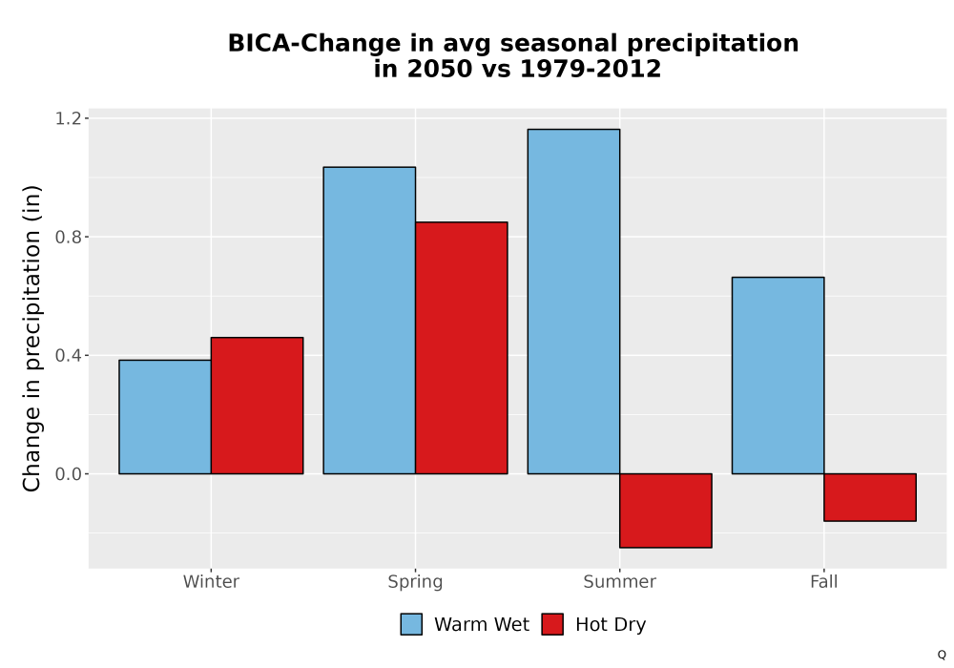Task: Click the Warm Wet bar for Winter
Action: pyautogui.click(x=165, y=417)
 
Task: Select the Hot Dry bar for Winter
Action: pyautogui.click(x=257, y=406)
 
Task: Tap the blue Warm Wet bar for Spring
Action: pyautogui.click(x=369, y=320)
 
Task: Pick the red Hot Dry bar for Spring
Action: pyautogui.click(x=461, y=348)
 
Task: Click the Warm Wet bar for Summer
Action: pyautogui.click(x=573, y=302)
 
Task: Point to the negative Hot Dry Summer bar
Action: pyautogui.click(x=666, y=511)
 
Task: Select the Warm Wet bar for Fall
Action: pyautogui.click(x=778, y=375)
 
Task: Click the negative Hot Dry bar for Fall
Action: pyautogui.click(x=870, y=497)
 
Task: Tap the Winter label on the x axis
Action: pyautogui.click(x=211, y=581)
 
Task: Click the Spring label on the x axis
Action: pyautogui.click(x=416, y=582)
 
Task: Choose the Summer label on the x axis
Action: pyautogui.click(x=620, y=581)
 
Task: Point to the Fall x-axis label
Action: pyautogui.click(x=824, y=581)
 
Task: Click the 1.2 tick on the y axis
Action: pyautogui.click(x=68, y=118)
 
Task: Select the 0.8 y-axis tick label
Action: pyautogui.click(x=68, y=237)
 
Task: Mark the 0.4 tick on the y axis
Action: pyautogui.click(x=68, y=355)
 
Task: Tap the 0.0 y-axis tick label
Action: pyautogui.click(x=68, y=474)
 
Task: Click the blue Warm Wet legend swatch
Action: pyautogui.click(x=411, y=624)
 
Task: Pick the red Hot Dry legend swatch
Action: pyautogui.click(x=552, y=624)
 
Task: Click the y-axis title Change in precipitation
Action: pyautogui.click(x=31, y=338)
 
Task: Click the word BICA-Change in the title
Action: pyautogui.click(x=315, y=44)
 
